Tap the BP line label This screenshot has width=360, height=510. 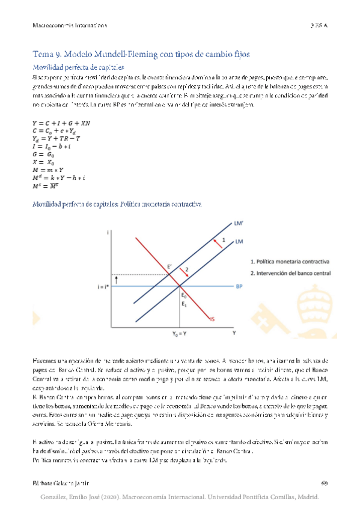(239, 286)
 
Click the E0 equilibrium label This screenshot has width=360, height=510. (185, 296)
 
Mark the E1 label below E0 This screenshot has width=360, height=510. (185, 305)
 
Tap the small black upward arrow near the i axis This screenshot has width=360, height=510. (116, 277)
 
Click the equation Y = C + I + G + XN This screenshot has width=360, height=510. (61, 123)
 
